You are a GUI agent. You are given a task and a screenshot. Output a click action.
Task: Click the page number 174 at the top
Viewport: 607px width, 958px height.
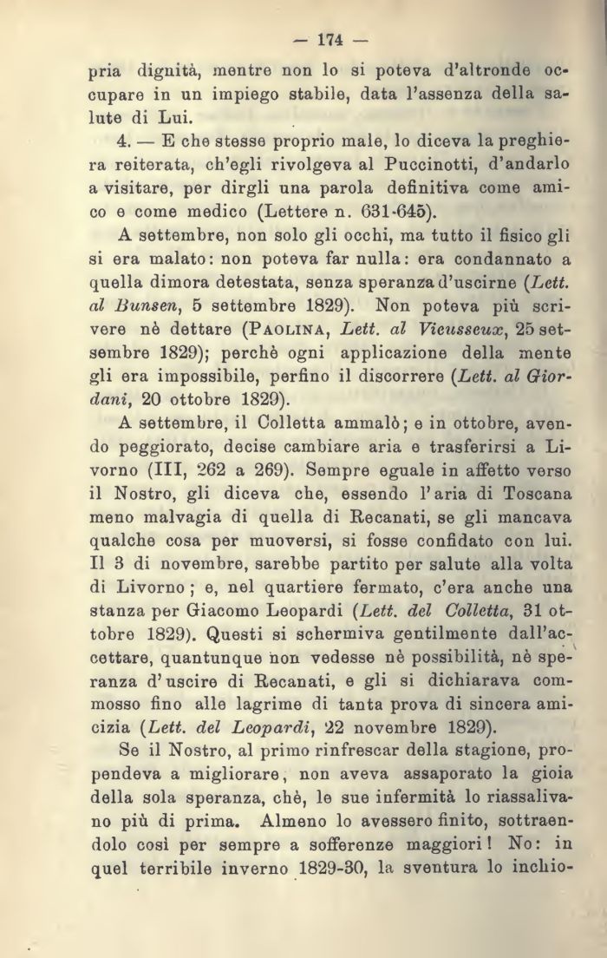[x=331, y=38]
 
